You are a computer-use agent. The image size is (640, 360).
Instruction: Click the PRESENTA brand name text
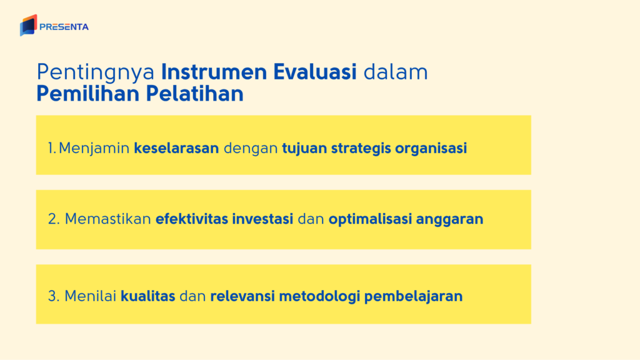coord(64,27)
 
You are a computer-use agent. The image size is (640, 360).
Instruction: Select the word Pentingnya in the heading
coord(96,72)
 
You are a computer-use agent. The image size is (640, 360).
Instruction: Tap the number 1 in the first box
coord(51,149)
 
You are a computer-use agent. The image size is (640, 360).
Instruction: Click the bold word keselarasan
coord(176,149)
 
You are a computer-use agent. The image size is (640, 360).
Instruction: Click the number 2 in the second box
coord(52,220)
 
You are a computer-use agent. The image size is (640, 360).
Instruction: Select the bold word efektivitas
coord(191,220)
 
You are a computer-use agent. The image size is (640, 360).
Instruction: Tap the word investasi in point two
coord(262,220)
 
